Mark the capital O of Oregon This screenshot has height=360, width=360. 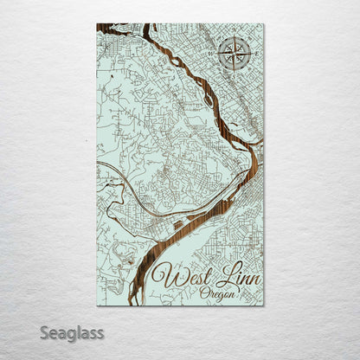[x=203, y=294]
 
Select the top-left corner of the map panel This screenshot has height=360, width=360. [x=97, y=25]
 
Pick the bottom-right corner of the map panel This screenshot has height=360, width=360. [x=264, y=305]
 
